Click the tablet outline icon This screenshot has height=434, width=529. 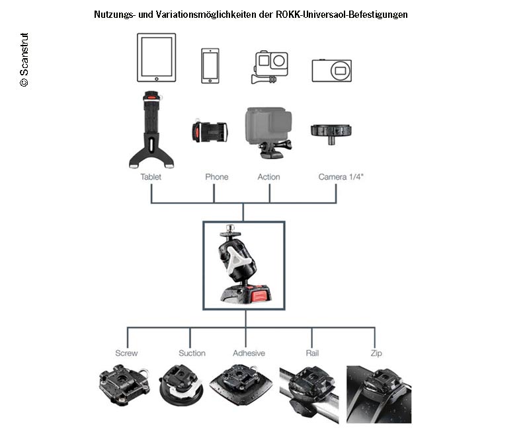click(156, 57)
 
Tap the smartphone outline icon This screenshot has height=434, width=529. click(210, 65)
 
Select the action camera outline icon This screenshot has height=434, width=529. click(270, 67)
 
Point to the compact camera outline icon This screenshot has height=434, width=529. click(332, 71)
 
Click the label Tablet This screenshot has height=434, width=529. click(151, 177)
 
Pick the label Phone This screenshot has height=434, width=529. click(217, 177)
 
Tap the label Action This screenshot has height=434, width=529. click(269, 177)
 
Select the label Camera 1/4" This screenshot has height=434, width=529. click(341, 177)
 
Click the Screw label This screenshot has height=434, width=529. click(126, 353)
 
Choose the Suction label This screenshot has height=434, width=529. click(192, 353)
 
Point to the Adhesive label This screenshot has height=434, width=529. click(249, 353)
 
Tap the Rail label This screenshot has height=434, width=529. click(312, 353)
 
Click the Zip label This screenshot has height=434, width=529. click(376, 353)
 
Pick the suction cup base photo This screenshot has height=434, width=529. click(181, 384)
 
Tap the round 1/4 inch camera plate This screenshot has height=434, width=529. click(331, 133)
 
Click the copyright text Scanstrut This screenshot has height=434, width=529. click(24, 59)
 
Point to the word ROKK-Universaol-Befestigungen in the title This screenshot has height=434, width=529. click(342, 15)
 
